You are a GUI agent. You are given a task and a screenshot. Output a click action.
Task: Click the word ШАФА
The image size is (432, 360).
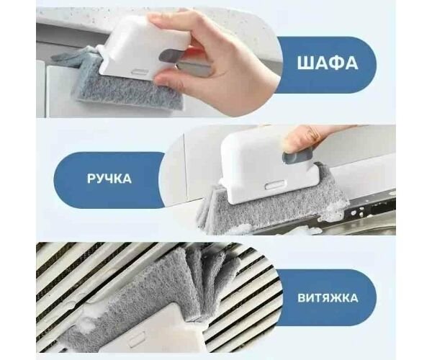[x=328, y=63]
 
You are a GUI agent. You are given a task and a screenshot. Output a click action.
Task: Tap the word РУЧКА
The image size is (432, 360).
[x=109, y=179]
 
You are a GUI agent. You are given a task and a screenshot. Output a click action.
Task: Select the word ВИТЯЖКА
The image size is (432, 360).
[x=328, y=298]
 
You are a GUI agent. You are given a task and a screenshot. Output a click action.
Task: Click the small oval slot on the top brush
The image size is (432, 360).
[x=140, y=72]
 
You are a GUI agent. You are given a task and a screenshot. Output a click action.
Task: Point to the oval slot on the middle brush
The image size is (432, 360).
[x=275, y=186]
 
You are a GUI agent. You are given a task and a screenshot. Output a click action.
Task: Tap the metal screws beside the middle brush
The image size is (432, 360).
[x=358, y=212]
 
